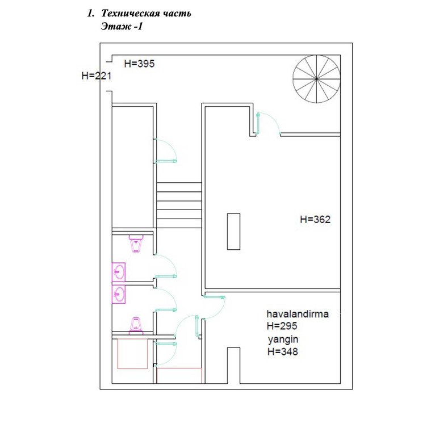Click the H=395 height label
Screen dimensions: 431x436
tap(139, 64)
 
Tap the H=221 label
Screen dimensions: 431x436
tap(96, 76)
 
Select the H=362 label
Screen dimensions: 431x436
tap(315, 219)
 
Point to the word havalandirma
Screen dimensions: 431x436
tap(298, 314)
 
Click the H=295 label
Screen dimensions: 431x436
tap(282, 326)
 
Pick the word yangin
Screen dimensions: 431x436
tap(283, 340)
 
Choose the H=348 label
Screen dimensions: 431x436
tap(283, 352)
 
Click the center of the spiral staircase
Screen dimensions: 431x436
tap(316, 79)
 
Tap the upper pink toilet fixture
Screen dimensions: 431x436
tap(136, 244)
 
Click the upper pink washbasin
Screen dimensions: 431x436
tap(119, 272)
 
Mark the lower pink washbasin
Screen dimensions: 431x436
tap(119, 294)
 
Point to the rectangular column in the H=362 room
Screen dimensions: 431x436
tap(233, 232)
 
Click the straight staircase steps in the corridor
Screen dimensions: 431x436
tap(179, 205)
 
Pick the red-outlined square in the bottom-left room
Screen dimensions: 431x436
tap(132, 354)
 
